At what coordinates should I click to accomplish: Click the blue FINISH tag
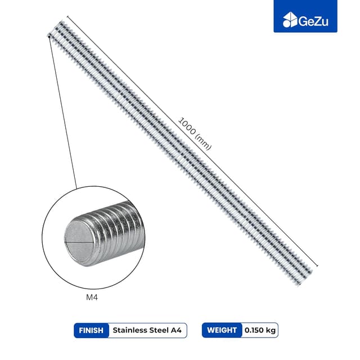tap(91, 330)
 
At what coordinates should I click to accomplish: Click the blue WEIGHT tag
tap(221, 330)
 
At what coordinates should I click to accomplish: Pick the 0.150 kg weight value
tap(260, 330)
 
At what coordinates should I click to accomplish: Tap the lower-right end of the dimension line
tap(317, 265)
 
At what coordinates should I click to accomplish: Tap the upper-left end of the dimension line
tap(66, 16)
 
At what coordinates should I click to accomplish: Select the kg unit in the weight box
tap(271, 330)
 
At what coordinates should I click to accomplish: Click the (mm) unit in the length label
tap(202, 142)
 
